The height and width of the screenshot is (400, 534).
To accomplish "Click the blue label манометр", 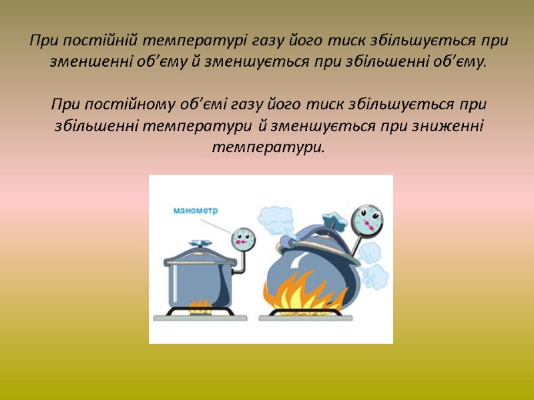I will [x=196, y=211].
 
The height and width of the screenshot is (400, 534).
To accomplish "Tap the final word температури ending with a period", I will [x=267, y=147].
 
